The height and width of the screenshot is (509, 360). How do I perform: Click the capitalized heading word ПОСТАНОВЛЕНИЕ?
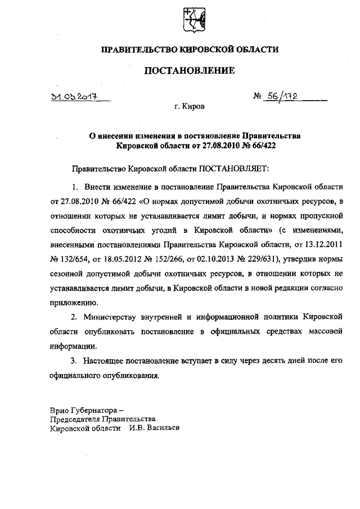pos(190,71)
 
